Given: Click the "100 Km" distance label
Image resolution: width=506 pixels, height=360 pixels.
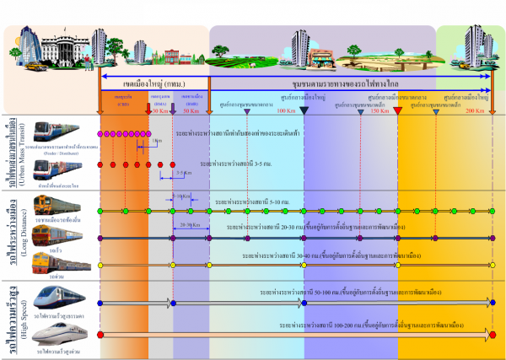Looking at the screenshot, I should click(x=286, y=110).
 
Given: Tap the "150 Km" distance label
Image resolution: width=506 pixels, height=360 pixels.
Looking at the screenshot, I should click(x=380, y=110).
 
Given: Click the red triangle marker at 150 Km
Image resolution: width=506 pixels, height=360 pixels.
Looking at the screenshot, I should click(x=398, y=124).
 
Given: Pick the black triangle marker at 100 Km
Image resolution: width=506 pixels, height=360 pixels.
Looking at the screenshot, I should click(x=304, y=124).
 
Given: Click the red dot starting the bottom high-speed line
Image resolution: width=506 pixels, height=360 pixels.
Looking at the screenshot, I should click(x=101, y=335).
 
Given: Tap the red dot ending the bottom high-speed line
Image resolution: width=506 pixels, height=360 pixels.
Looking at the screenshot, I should click(x=493, y=335).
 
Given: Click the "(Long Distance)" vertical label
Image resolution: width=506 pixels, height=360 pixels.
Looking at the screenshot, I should click(x=24, y=238).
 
